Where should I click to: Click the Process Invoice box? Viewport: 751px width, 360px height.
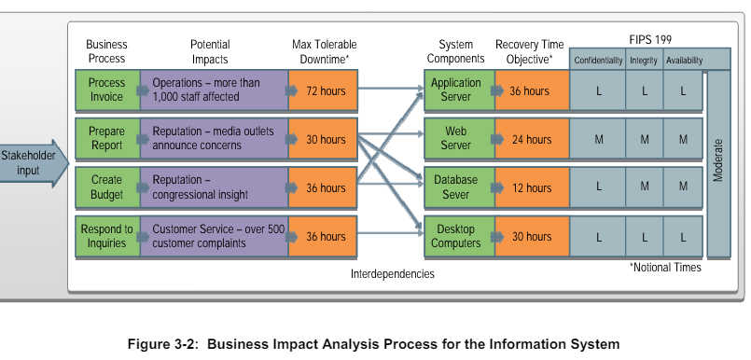[x=106, y=90]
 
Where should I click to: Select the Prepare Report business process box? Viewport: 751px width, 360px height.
[x=106, y=139]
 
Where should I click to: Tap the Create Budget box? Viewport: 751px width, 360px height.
[x=106, y=187]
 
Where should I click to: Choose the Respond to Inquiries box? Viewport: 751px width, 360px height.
[x=106, y=236]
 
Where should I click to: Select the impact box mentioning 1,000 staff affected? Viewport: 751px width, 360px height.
[x=214, y=90]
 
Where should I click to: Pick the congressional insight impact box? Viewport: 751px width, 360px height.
[x=214, y=187]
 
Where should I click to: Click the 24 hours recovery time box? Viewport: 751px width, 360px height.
[x=532, y=140]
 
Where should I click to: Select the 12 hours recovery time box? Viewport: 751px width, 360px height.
[x=532, y=188]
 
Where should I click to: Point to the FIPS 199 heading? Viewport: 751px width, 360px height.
[x=649, y=40]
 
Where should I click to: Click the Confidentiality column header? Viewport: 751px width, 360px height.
[x=598, y=61]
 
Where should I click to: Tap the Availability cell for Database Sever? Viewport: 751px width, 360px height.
[x=683, y=187]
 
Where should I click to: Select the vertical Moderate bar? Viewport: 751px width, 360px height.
[x=718, y=163]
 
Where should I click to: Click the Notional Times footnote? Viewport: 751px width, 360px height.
[x=665, y=268]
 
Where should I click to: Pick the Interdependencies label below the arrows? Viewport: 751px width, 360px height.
[x=393, y=274]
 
